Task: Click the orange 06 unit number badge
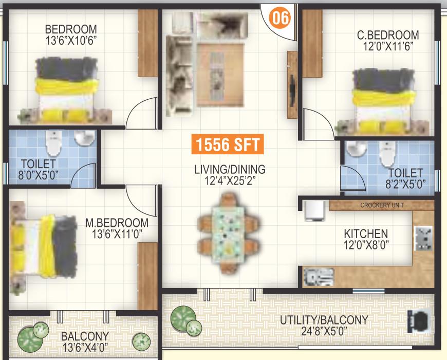click(x=280, y=18)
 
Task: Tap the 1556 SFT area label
click(x=228, y=144)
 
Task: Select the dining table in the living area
click(x=229, y=233)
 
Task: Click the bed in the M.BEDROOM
click(x=43, y=247)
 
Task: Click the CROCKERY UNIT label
click(x=382, y=205)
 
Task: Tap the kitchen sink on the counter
click(x=319, y=277)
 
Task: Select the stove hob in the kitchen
click(x=423, y=238)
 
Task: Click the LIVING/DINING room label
click(x=230, y=169)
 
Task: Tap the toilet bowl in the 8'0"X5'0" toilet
click(x=53, y=143)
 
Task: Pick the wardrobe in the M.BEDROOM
click(x=148, y=276)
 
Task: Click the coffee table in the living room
click(x=220, y=75)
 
